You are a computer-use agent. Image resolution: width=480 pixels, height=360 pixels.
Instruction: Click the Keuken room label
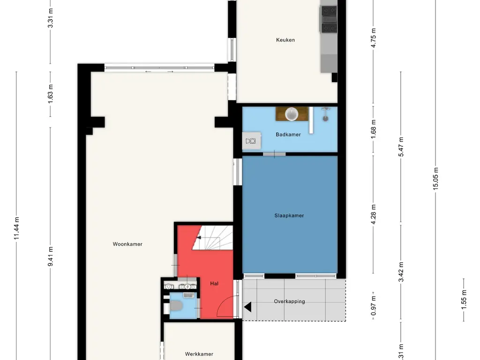click(285, 40)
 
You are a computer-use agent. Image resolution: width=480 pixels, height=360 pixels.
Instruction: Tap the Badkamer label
click(288, 135)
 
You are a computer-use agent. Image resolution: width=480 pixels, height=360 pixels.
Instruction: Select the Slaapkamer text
click(289, 216)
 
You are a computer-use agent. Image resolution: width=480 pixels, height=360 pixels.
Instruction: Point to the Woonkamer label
click(127, 244)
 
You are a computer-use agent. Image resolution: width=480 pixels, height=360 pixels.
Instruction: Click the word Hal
click(214, 284)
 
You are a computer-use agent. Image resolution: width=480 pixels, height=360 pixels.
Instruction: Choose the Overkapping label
click(289, 301)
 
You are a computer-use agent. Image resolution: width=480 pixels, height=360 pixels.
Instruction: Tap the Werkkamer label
click(199, 354)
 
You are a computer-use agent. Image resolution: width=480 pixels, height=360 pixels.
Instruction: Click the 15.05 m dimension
click(435, 179)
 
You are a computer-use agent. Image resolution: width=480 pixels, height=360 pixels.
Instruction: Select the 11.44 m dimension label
click(16, 228)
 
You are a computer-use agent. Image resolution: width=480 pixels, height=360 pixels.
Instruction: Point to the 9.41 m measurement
click(50, 256)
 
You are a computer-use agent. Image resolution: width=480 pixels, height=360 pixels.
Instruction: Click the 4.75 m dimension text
click(373, 38)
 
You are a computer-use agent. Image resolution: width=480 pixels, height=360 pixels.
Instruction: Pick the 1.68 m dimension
click(373, 129)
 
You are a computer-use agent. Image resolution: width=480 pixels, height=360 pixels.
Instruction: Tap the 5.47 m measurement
click(401, 147)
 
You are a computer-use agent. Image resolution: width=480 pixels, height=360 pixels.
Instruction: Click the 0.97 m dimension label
click(373, 306)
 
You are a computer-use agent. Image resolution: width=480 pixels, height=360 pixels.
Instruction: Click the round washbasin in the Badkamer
click(292, 114)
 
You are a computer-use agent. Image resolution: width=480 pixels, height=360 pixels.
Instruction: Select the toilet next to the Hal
click(176, 305)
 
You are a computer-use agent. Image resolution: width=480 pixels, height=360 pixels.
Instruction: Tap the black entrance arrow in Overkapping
click(247, 307)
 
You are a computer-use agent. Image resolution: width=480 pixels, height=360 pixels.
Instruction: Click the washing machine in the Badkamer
click(251, 141)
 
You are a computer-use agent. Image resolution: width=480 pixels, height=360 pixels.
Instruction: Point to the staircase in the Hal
click(212, 238)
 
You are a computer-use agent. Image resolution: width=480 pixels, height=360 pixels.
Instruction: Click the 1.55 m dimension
click(464, 300)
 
